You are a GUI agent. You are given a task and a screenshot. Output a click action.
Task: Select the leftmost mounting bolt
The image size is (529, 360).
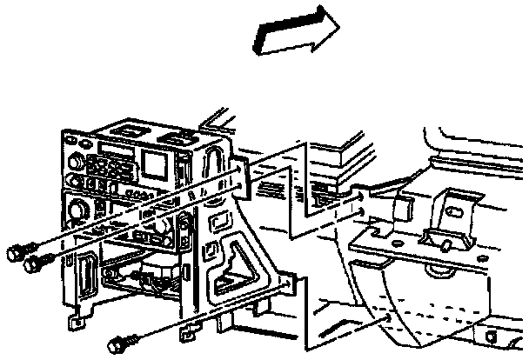point(14,252)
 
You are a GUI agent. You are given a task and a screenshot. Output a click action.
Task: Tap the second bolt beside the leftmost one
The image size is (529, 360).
point(35,260)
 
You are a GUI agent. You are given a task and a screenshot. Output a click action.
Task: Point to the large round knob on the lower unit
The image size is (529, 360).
point(77,210)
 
